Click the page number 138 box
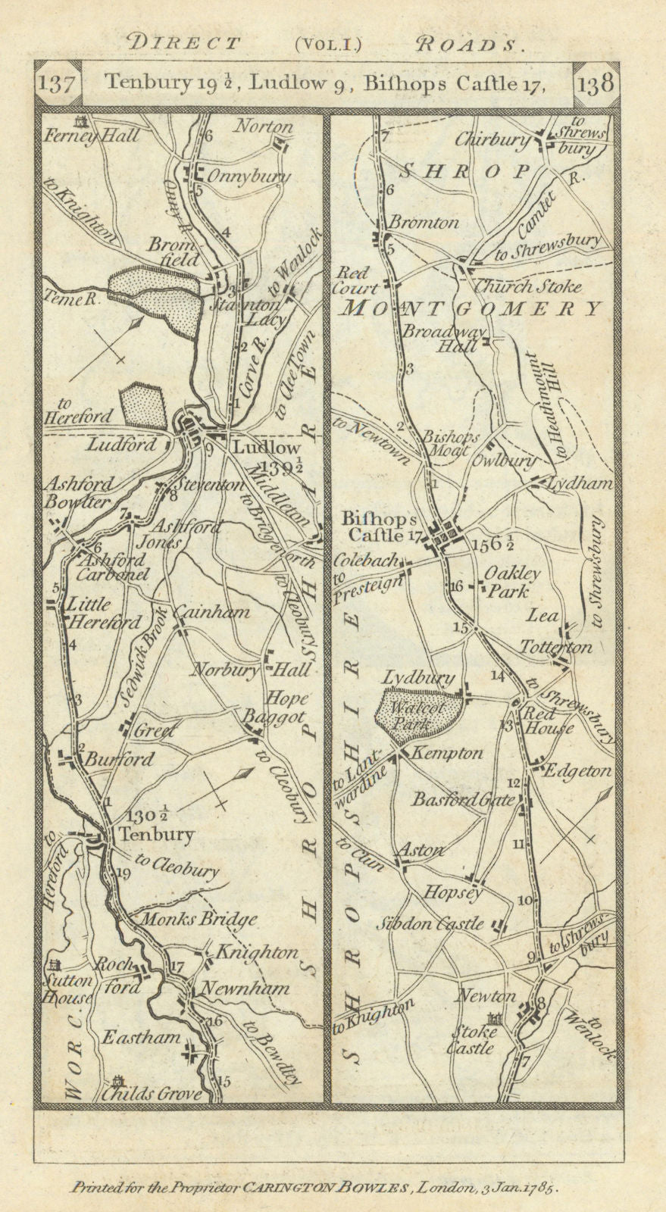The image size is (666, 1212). click(x=596, y=83)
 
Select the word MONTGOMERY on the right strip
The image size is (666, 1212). click(x=473, y=308)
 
